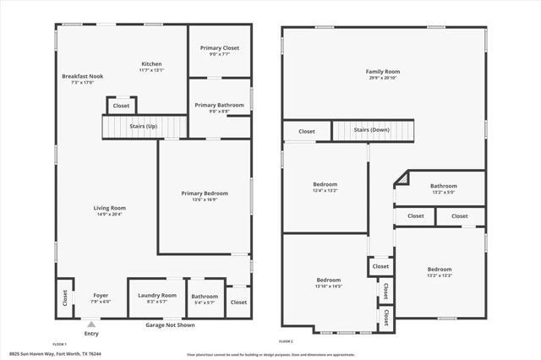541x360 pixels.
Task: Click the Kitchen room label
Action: (x=151, y=64)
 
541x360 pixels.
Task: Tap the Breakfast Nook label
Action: (x=82, y=77)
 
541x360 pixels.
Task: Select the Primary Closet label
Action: (x=220, y=48)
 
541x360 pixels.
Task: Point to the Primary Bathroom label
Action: (x=218, y=106)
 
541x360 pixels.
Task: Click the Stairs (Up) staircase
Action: (x=143, y=126)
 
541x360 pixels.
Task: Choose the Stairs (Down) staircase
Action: (x=372, y=130)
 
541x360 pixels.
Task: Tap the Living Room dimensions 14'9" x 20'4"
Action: (x=109, y=215)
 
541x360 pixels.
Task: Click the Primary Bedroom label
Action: (x=205, y=194)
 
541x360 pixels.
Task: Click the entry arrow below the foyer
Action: (x=91, y=323)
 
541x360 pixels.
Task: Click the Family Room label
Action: (x=382, y=72)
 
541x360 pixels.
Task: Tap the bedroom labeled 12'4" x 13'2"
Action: (x=325, y=188)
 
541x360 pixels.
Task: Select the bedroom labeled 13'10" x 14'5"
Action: (x=329, y=283)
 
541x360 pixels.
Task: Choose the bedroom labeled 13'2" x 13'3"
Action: (x=440, y=272)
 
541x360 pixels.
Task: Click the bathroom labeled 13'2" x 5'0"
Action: (x=443, y=188)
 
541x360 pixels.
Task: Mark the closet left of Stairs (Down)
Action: (x=306, y=131)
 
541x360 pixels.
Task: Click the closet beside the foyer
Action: (x=64, y=298)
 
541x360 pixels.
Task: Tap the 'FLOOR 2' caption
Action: (x=287, y=341)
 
